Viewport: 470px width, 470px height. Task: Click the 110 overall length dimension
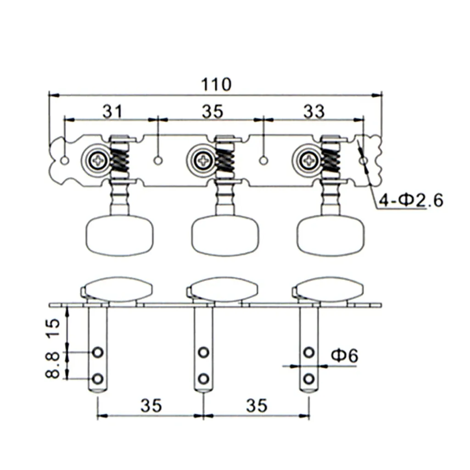[x=215, y=84]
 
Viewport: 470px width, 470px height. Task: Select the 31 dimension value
[x=112, y=111]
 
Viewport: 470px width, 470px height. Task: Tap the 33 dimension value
[x=314, y=111]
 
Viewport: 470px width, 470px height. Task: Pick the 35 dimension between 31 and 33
[x=212, y=111]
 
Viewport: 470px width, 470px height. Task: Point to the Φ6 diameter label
[x=344, y=355]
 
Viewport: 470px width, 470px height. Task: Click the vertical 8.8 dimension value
[x=53, y=365]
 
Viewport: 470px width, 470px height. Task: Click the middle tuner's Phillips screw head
[x=203, y=160]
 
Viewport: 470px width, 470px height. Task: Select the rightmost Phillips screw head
[x=309, y=160]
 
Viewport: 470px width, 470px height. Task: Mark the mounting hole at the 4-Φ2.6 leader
[x=364, y=161]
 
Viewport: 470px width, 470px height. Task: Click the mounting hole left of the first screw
[x=66, y=160]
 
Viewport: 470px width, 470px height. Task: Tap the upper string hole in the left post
[x=97, y=352]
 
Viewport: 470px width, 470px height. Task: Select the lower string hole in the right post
[x=309, y=379]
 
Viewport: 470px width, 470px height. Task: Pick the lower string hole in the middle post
[x=203, y=379]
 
